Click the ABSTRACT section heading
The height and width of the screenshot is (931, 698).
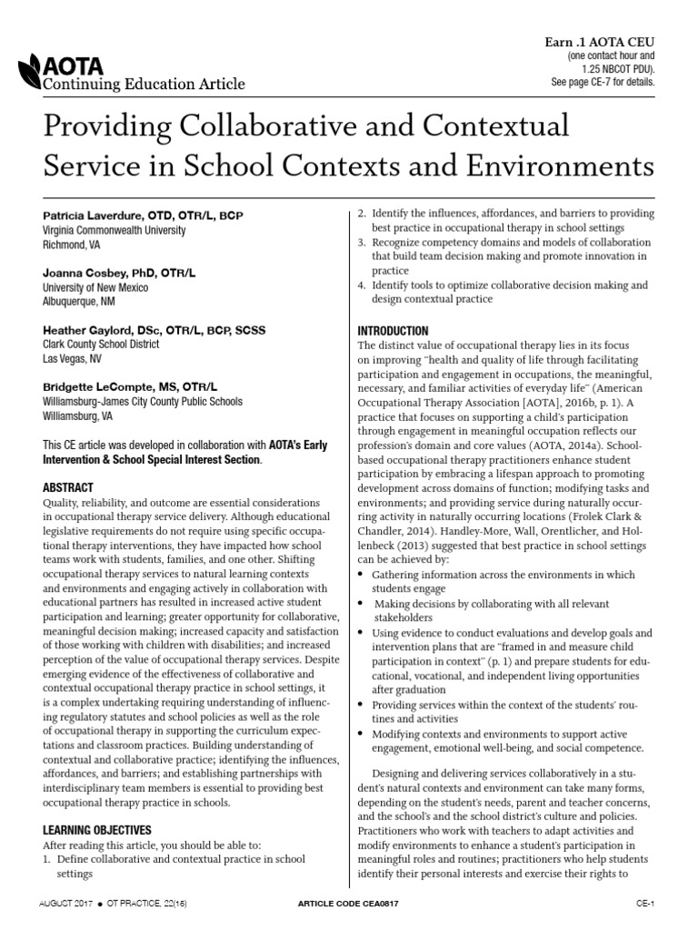tap(68, 487)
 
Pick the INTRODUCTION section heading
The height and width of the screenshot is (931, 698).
tap(393, 331)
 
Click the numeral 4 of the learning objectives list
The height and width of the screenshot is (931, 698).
tap(361, 285)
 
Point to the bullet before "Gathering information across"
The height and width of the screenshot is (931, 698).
tap(362, 576)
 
